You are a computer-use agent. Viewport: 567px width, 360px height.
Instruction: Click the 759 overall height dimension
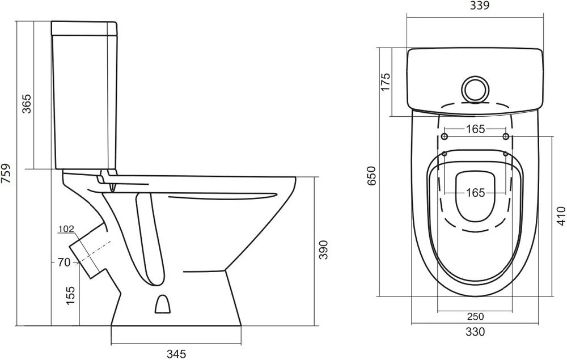[x=6, y=173]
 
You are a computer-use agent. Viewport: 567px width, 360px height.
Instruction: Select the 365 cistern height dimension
[x=27, y=104]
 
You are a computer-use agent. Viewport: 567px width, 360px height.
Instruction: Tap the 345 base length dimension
[x=176, y=353]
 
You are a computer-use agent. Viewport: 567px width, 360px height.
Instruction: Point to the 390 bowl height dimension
[x=323, y=250]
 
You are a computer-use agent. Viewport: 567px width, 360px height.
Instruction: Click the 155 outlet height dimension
[x=70, y=295]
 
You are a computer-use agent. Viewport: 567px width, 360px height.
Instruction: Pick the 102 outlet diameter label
[x=66, y=229]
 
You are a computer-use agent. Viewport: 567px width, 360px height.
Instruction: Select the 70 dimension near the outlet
[x=64, y=262]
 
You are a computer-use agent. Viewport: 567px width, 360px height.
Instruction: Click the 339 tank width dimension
[x=480, y=6]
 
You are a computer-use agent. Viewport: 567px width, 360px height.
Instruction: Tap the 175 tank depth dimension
[x=386, y=82]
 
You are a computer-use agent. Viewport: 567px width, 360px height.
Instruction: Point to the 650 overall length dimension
[x=372, y=176]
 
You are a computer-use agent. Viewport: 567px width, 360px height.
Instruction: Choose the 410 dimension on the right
[x=561, y=216]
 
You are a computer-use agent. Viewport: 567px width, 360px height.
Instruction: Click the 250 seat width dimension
[x=475, y=316]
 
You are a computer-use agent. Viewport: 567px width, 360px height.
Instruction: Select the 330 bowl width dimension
[x=475, y=332]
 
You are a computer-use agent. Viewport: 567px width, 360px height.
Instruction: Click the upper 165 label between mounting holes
[x=475, y=129]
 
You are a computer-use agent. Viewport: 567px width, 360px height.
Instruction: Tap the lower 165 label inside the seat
[x=475, y=193]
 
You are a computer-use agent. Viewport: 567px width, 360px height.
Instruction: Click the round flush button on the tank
[x=476, y=89]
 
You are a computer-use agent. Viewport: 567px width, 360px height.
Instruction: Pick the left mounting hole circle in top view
[x=445, y=137]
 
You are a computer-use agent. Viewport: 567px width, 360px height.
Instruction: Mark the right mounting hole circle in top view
[x=506, y=137]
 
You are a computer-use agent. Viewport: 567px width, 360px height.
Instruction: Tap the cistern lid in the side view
[x=84, y=28]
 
